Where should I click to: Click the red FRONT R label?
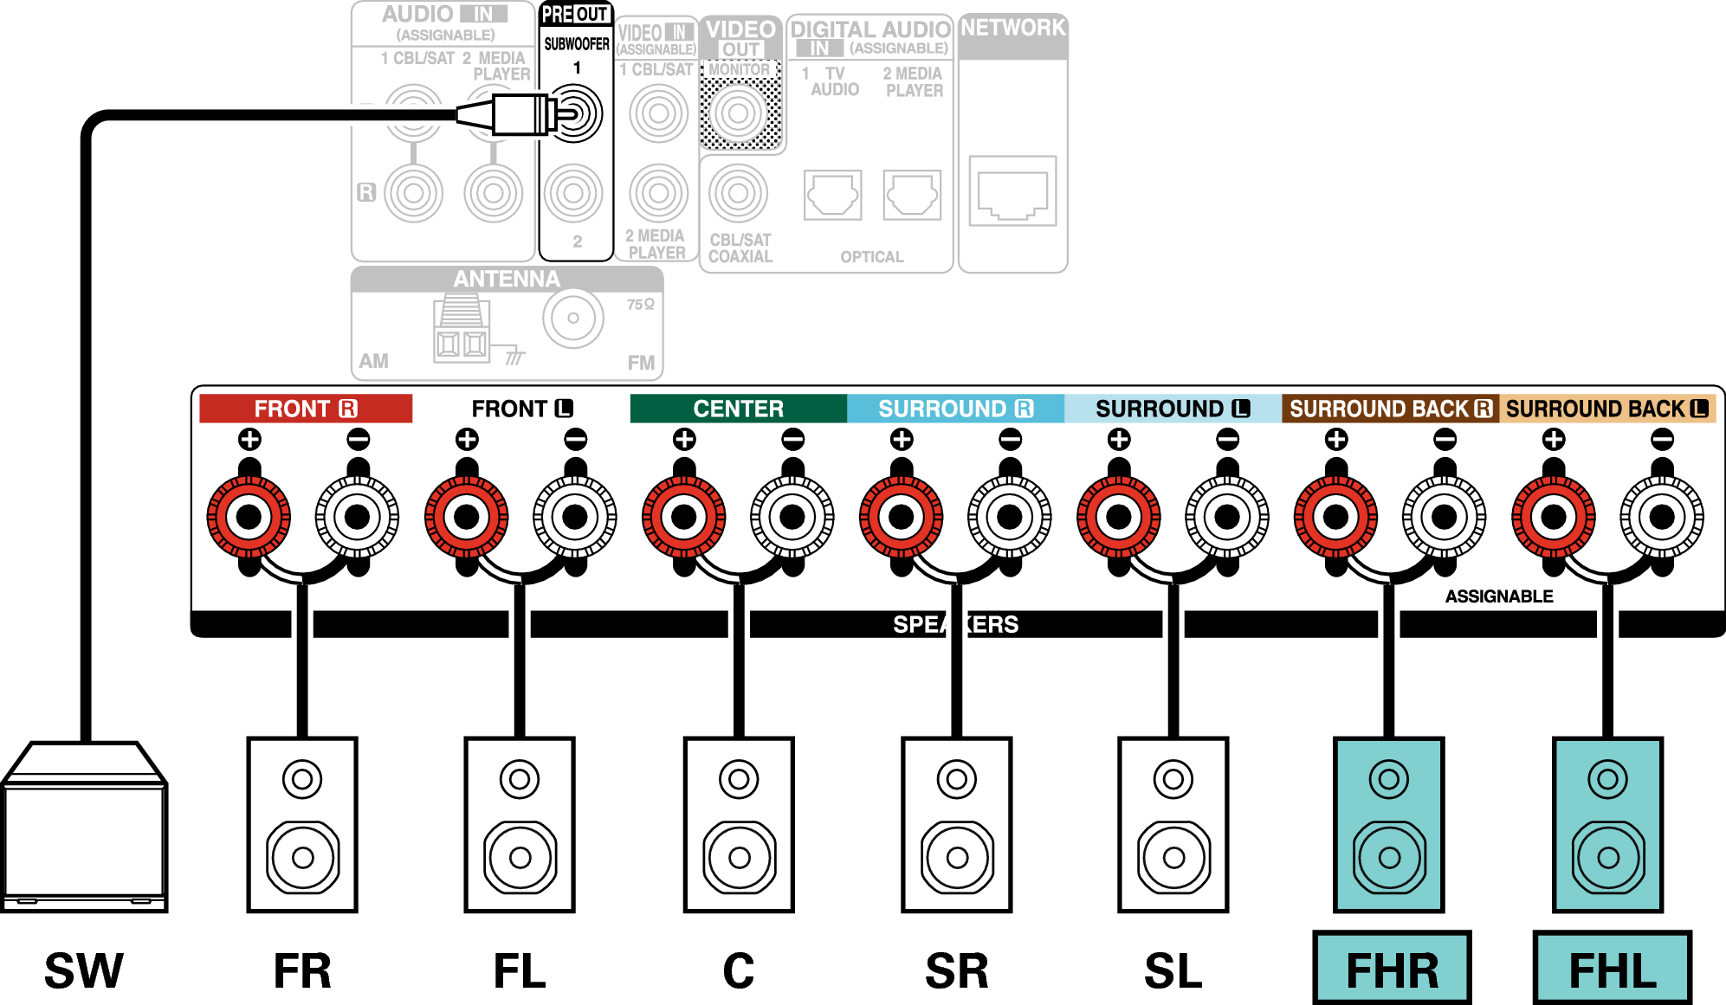coord(306,409)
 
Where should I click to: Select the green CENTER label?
coord(739,409)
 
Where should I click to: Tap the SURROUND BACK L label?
coord(1607,409)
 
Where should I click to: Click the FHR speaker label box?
coord(1392,968)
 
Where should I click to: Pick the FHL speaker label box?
coord(1612,968)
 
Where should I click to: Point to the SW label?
coord(84,970)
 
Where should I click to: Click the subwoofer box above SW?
coord(84,827)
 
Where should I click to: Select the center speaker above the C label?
coord(739,825)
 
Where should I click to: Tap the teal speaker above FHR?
coord(1389,825)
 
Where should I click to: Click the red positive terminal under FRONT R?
coord(249,517)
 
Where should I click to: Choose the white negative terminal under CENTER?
coord(792,517)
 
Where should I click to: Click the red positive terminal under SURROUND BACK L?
coord(1554,517)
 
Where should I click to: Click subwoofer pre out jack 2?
coord(573,193)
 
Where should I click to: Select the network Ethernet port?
coord(1012,190)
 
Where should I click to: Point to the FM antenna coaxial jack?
coord(573,318)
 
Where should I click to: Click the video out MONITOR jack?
coord(739,113)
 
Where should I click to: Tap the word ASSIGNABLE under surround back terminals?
coord(1499,596)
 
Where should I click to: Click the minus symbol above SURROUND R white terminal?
coord(1010,440)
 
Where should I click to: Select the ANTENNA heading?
coord(507,279)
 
